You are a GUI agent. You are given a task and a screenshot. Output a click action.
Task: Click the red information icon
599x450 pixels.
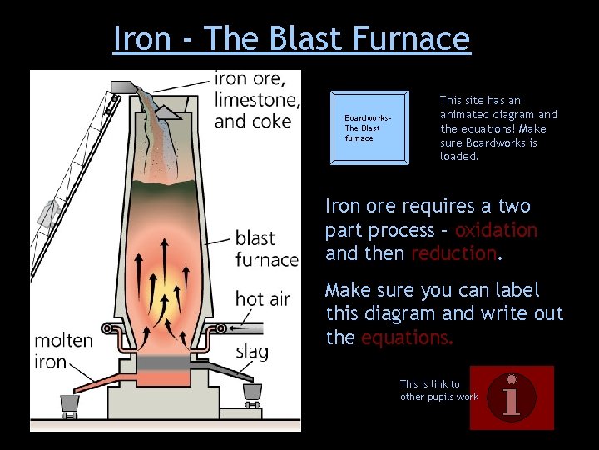click(x=512, y=397)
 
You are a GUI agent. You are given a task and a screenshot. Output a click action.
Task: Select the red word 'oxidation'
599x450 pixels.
click(x=496, y=230)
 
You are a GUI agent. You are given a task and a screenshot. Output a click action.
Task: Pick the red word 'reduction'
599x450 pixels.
click(x=453, y=253)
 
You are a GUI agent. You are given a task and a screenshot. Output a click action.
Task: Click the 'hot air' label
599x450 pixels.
click(x=263, y=298)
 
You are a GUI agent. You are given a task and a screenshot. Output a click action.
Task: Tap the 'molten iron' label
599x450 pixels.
click(x=63, y=351)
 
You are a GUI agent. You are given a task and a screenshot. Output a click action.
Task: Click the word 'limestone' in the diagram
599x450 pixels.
click(x=256, y=100)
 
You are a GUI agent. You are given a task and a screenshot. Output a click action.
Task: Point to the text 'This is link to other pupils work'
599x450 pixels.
click(x=438, y=390)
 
